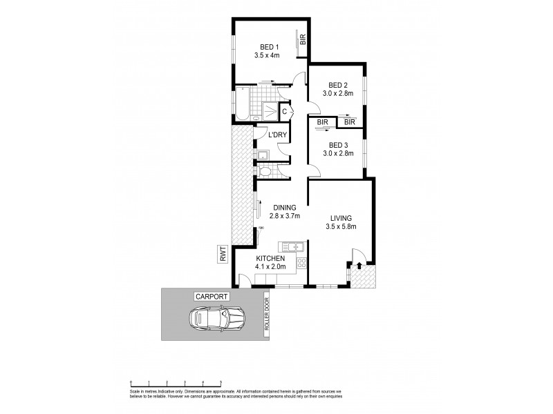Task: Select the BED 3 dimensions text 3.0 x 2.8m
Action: pos(339,154)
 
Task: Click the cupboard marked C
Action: pos(284,111)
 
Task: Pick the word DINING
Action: pos(284,207)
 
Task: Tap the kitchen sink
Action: pos(291,247)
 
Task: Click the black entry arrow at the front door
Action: pos(361,264)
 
